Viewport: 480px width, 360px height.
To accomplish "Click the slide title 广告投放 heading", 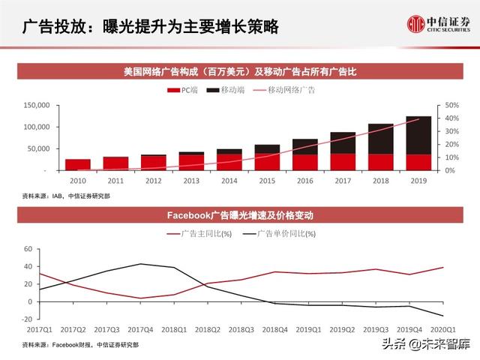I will click(150, 27).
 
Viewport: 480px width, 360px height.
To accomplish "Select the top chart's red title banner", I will click(239, 73).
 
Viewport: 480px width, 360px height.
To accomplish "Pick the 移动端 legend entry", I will click(224, 90).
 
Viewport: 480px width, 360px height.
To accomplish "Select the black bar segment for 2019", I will click(418, 136).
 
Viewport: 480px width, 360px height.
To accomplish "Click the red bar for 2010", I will click(77, 164).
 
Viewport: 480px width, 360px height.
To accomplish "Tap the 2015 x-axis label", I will click(266, 181).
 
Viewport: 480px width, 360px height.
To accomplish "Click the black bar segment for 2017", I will click(343, 143).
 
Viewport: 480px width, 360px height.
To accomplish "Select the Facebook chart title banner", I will click(239, 215).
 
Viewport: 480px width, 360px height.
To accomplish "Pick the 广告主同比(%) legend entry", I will click(199, 234).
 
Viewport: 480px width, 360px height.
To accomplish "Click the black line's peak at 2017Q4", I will click(140, 264).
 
